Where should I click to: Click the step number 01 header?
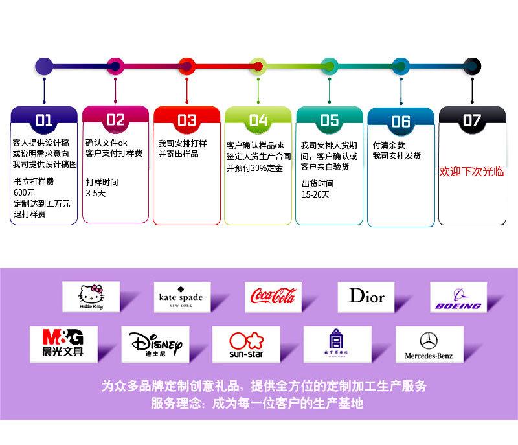tap(44, 119)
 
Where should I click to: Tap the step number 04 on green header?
tap(258, 120)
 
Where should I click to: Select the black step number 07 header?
tap(471, 120)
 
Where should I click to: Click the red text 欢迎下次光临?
tap(471, 172)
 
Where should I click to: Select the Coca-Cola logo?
tap(273, 297)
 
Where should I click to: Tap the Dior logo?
tap(366, 297)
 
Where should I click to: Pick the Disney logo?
tap(155, 344)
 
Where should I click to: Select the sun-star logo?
tap(246, 344)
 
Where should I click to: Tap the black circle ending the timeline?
tap(472, 65)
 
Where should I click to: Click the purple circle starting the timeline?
tap(44, 65)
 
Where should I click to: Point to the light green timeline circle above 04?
tap(258, 65)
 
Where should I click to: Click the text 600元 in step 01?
tap(25, 193)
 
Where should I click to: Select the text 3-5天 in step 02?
tap(95, 193)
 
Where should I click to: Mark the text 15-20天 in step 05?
tap(316, 194)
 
